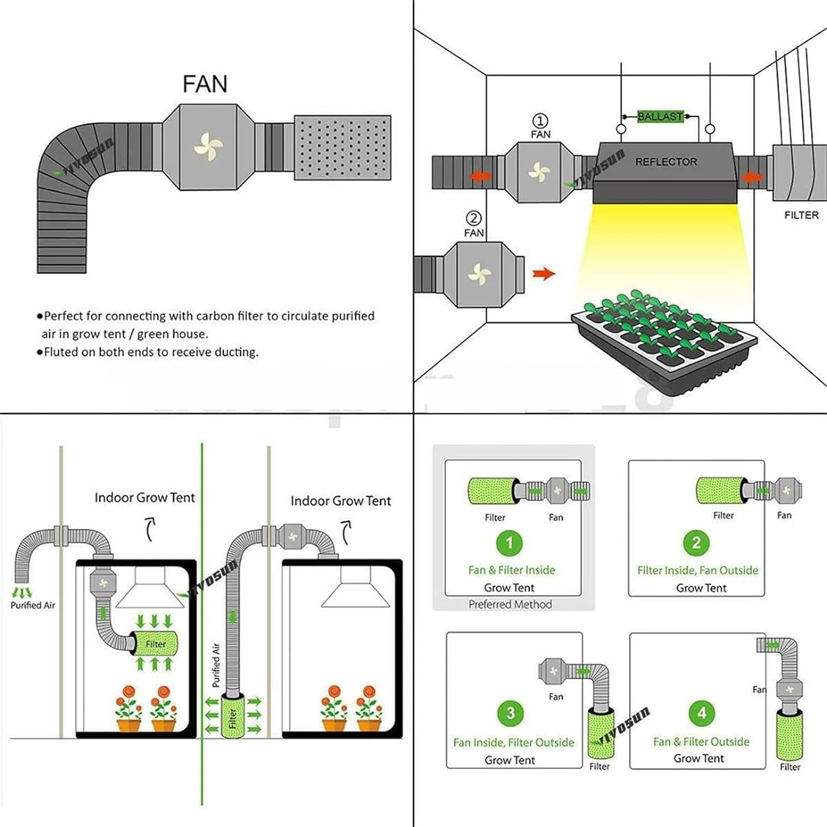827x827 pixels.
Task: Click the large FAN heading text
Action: point(205,84)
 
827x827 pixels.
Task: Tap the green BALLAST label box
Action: point(660,116)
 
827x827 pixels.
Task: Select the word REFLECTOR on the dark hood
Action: point(666,162)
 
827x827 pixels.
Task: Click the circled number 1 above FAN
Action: point(540,121)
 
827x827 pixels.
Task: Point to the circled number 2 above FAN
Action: point(474,218)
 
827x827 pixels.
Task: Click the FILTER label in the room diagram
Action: point(801,215)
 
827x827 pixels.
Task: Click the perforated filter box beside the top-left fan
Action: point(342,147)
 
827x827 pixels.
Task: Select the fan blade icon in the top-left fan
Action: point(208,147)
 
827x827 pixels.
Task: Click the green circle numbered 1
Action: point(509,543)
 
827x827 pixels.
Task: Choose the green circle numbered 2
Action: point(696,543)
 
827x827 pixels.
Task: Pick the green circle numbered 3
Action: point(511,713)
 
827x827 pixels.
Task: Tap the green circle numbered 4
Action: point(701,713)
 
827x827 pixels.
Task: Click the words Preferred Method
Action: point(510,604)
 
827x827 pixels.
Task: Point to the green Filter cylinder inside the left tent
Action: point(155,643)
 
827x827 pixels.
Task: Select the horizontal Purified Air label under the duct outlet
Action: point(33,605)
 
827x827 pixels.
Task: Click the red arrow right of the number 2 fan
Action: point(544,273)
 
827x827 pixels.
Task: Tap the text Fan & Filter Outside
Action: point(701,742)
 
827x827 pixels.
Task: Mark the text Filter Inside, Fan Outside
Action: point(697,570)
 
